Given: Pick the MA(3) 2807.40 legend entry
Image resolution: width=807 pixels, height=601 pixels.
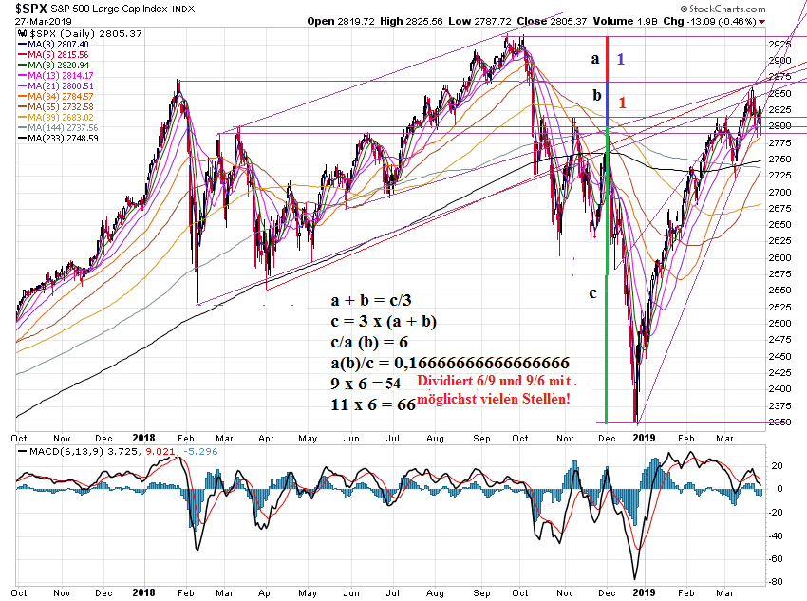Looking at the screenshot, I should [x=59, y=44].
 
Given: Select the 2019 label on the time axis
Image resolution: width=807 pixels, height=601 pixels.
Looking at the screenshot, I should [x=645, y=438].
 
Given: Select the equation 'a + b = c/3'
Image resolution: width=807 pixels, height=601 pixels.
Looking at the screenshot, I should [x=371, y=300].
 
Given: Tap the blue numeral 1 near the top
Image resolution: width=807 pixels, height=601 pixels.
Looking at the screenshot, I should [x=620, y=59].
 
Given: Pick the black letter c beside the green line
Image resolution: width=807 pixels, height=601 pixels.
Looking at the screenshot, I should [x=593, y=292].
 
